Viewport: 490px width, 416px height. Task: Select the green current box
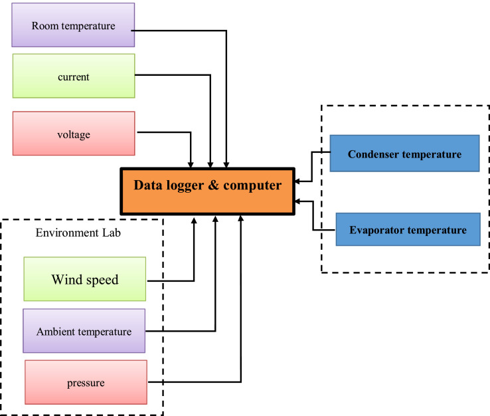pos(73,76)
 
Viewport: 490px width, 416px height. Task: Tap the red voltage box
pos(73,134)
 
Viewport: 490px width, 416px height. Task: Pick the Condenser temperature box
pos(404,154)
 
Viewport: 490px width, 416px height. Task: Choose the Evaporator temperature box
pos(408,231)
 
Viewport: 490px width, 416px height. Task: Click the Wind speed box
pos(84,280)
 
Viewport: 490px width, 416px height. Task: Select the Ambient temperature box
pos(84,331)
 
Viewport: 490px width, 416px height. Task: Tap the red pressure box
pos(85,383)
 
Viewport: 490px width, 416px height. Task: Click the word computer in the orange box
pos(252,185)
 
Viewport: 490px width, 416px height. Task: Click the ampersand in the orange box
pos(213,185)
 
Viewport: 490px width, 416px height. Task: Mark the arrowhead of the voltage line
pos(192,163)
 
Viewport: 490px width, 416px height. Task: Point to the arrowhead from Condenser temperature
pos(296,180)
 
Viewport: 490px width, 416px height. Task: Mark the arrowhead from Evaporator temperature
pos(296,201)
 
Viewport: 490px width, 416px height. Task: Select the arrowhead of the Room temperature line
pos(227,163)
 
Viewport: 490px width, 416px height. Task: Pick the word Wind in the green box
pos(66,280)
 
